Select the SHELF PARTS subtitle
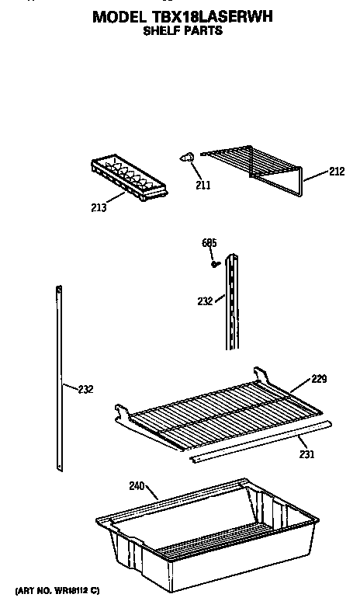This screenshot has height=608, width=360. point(183,30)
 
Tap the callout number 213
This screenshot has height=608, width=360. point(99,208)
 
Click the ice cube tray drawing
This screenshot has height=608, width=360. point(130,178)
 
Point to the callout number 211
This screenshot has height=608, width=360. point(203,186)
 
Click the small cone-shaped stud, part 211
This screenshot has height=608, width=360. point(187,158)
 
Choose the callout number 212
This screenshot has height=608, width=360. point(337,172)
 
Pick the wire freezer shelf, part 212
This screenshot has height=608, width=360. point(252,169)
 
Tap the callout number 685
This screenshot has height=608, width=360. point(209,243)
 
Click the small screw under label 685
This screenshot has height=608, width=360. point(216,264)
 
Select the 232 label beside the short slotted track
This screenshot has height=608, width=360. point(205,301)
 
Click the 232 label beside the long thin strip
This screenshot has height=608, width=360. point(85,389)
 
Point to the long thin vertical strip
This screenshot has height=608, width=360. point(59,378)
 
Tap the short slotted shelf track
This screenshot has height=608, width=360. point(232,302)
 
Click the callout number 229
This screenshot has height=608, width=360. point(319,379)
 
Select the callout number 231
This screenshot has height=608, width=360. point(306,454)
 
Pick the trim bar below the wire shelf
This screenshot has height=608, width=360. point(261,442)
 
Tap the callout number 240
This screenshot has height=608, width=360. point(137,486)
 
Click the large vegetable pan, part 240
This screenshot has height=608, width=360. point(207,535)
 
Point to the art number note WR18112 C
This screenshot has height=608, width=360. point(57,591)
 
